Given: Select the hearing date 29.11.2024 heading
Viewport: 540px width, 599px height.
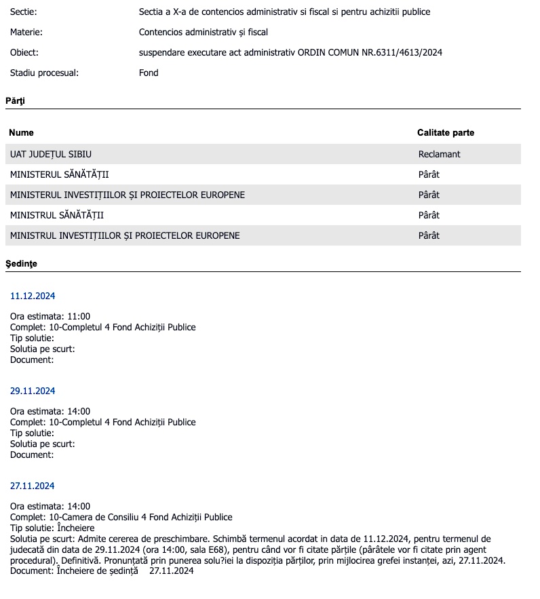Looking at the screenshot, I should coord(33,391).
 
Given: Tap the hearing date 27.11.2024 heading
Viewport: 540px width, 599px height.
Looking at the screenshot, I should coord(33,486).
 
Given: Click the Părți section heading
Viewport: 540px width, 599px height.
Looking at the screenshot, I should coord(15,100).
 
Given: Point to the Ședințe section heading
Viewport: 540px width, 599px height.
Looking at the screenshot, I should coord(21,263).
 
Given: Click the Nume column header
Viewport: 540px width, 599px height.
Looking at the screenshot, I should coord(22,133).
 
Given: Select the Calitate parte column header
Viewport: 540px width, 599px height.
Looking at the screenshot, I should coord(446,133).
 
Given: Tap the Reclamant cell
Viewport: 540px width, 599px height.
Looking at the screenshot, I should coord(439,155).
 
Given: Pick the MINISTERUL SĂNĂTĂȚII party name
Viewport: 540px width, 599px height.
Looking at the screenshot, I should coord(59,175).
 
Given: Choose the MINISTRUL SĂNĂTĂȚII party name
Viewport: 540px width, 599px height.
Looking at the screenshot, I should coord(57,216).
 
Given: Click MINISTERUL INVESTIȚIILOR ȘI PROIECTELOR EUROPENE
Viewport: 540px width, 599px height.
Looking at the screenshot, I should coord(128,195).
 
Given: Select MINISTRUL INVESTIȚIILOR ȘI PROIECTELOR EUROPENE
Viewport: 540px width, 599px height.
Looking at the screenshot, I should coord(125,236).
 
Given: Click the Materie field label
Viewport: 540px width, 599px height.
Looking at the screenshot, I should coord(26,32).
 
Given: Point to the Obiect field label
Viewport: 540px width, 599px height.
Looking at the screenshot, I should coord(24,52).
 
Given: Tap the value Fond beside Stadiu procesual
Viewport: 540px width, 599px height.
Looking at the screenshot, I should coord(149,73).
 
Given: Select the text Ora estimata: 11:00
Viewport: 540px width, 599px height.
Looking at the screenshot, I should coord(50,317).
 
